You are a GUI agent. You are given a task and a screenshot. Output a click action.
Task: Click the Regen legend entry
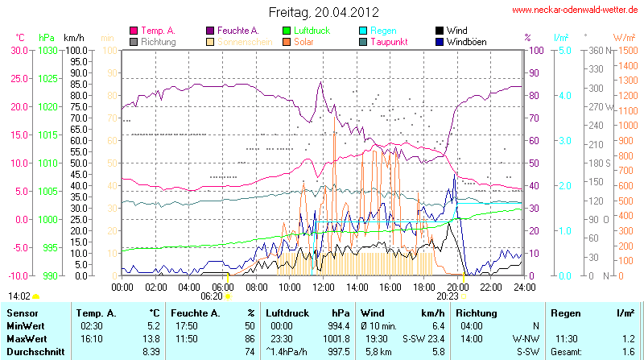383,31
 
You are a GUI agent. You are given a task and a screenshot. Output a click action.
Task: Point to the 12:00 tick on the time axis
323,286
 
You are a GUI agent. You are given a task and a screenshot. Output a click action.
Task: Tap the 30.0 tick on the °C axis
18,50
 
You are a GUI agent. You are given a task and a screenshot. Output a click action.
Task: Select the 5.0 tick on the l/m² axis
565,50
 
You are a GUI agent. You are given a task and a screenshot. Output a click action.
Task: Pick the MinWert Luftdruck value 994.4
338,325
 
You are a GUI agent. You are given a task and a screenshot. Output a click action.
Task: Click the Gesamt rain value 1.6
629,353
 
